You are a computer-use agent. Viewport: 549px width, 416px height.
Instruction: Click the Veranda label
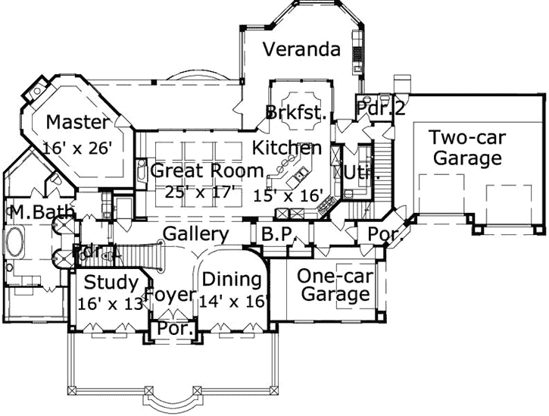click(301, 50)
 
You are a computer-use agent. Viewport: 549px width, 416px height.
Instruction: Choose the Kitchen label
click(287, 147)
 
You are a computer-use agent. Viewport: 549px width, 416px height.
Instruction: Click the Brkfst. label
click(296, 113)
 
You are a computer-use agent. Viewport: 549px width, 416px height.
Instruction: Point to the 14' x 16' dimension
click(234, 302)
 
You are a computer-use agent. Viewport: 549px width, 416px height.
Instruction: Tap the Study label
click(111, 283)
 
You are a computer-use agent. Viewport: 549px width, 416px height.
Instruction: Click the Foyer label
click(170, 295)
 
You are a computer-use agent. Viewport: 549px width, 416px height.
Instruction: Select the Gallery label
click(196, 234)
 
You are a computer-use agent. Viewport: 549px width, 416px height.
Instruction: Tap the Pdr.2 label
click(381, 108)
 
